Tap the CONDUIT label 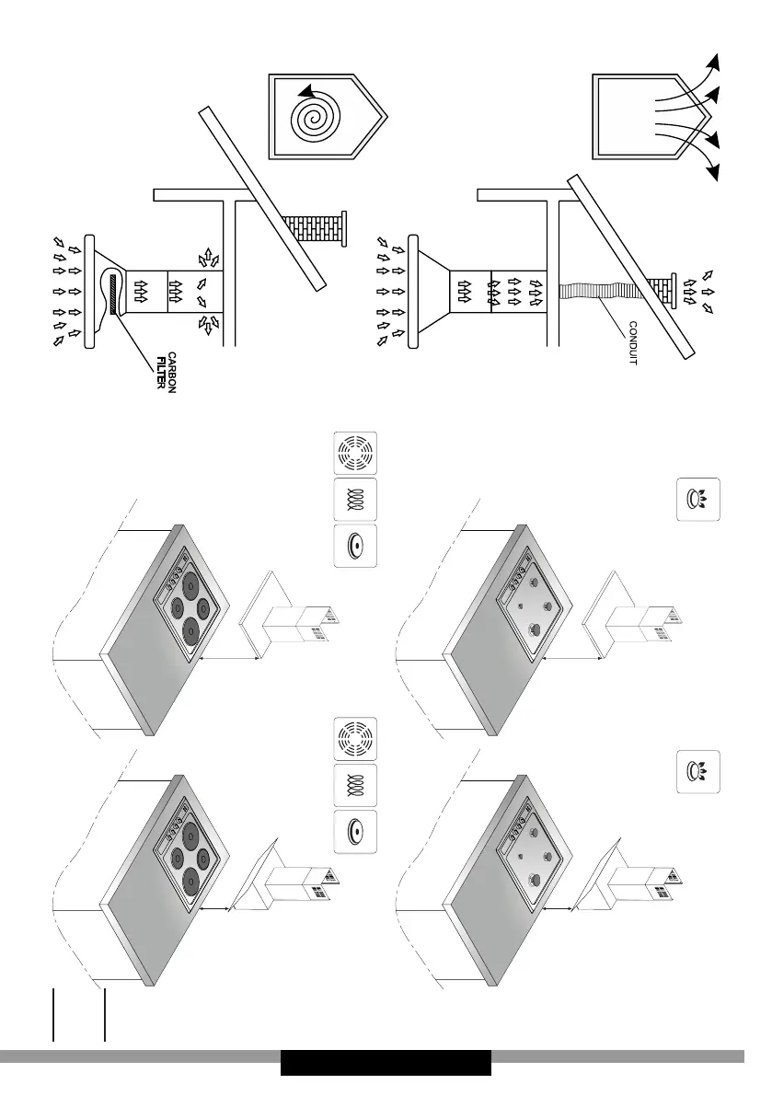tap(631, 343)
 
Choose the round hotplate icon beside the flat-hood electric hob tap(354, 546)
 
